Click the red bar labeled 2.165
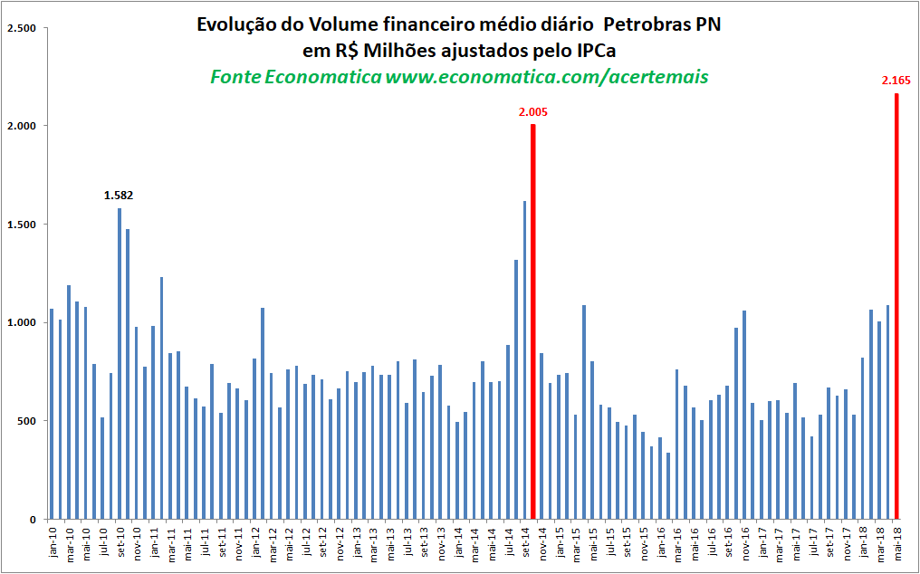[x=896, y=306]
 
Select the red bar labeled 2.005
[x=533, y=321]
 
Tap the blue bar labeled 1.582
[x=120, y=364]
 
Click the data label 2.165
[x=896, y=81]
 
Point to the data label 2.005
[x=533, y=112]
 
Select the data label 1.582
[x=119, y=196]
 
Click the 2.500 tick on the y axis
[x=20, y=28]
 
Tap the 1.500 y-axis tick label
[x=20, y=225]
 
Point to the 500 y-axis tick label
[x=26, y=421]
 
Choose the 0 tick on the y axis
[x=33, y=520]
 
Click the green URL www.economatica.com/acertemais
[x=547, y=77]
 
